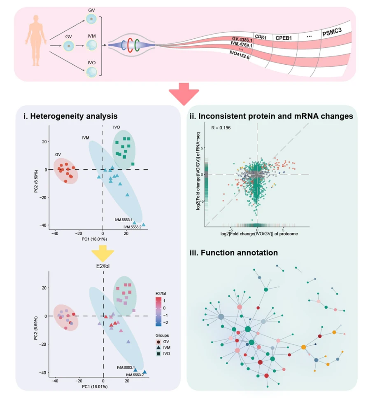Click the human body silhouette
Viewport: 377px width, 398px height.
[36, 40]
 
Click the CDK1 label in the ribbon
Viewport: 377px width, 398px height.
[261, 37]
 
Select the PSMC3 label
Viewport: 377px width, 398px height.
[332, 32]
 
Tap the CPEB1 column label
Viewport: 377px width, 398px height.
[284, 38]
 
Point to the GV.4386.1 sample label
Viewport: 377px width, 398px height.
[242, 40]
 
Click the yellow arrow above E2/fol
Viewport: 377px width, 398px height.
[102, 253]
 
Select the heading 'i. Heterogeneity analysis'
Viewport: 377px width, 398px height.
[70, 116]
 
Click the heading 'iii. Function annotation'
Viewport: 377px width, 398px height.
[234, 253]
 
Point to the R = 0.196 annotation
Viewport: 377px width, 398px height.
[221, 128]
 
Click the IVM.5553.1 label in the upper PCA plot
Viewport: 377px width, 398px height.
[123, 220]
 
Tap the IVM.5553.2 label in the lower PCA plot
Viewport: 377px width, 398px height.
[135, 375]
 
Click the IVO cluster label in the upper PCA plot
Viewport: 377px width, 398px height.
[116, 127]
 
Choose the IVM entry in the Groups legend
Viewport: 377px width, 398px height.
[163, 348]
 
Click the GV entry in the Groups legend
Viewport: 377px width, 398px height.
[163, 342]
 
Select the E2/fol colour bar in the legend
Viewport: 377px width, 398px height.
[158, 311]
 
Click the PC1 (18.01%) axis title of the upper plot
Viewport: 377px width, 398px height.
[94, 239]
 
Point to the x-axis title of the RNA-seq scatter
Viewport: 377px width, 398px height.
[259, 234]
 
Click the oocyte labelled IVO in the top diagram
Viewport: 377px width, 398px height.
[91, 72]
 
